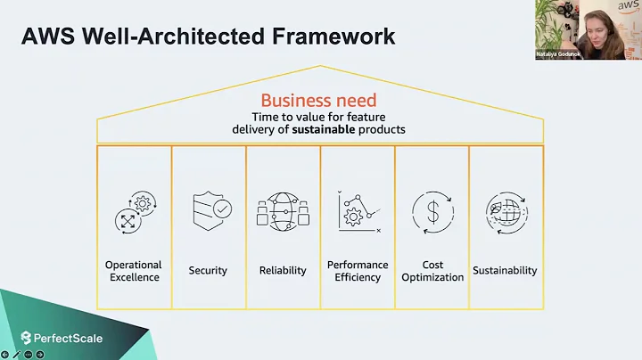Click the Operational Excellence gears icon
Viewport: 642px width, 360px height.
pyautogui.click(x=134, y=211)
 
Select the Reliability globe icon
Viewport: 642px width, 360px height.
pyautogui.click(x=283, y=211)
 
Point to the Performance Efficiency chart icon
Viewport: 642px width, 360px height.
pyautogui.click(x=358, y=211)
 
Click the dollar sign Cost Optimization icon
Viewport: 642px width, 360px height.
pyautogui.click(x=432, y=212)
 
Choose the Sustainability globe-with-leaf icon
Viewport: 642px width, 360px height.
pyautogui.click(x=506, y=212)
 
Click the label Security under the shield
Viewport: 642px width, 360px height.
pyautogui.click(x=208, y=271)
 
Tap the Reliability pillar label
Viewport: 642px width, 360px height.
pyautogui.click(x=283, y=271)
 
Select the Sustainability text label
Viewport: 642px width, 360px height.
pyautogui.click(x=506, y=271)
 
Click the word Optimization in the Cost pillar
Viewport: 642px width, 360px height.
pyautogui.click(x=432, y=277)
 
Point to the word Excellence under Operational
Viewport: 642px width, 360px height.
pyautogui.click(x=134, y=277)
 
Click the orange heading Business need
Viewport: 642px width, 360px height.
pyautogui.click(x=318, y=101)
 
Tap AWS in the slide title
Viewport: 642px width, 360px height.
pyautogui.click(x=45, y=37)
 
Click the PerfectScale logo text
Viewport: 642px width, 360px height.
pyautogui.click(x=68, y=338)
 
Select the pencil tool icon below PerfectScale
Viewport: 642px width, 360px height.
pyautogui.click(x=17, y=354)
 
